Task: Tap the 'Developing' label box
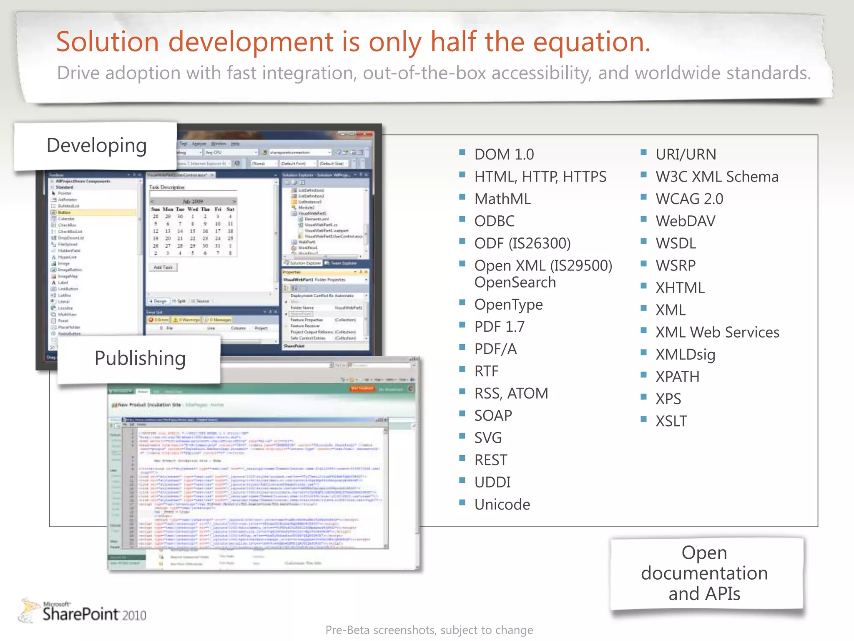point(96,146)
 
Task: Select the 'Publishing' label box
point(140,358)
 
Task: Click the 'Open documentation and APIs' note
point(704,573)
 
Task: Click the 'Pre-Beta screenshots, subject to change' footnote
point(429,630)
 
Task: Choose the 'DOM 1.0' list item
point(504,154)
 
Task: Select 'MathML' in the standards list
point(502,199)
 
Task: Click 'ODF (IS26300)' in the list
point(522,243)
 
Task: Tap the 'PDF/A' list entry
point(495,349)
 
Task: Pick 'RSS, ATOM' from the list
point(511,394)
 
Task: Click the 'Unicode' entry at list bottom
point(502,505)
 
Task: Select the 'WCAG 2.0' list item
point(689,199)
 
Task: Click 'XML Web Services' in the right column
point(717,332)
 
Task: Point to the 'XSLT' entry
point(671,421)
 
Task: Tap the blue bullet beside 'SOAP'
point(462,414)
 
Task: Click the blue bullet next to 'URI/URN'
point(643,152)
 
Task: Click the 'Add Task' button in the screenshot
point(163,267)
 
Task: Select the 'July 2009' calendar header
point(193,201)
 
